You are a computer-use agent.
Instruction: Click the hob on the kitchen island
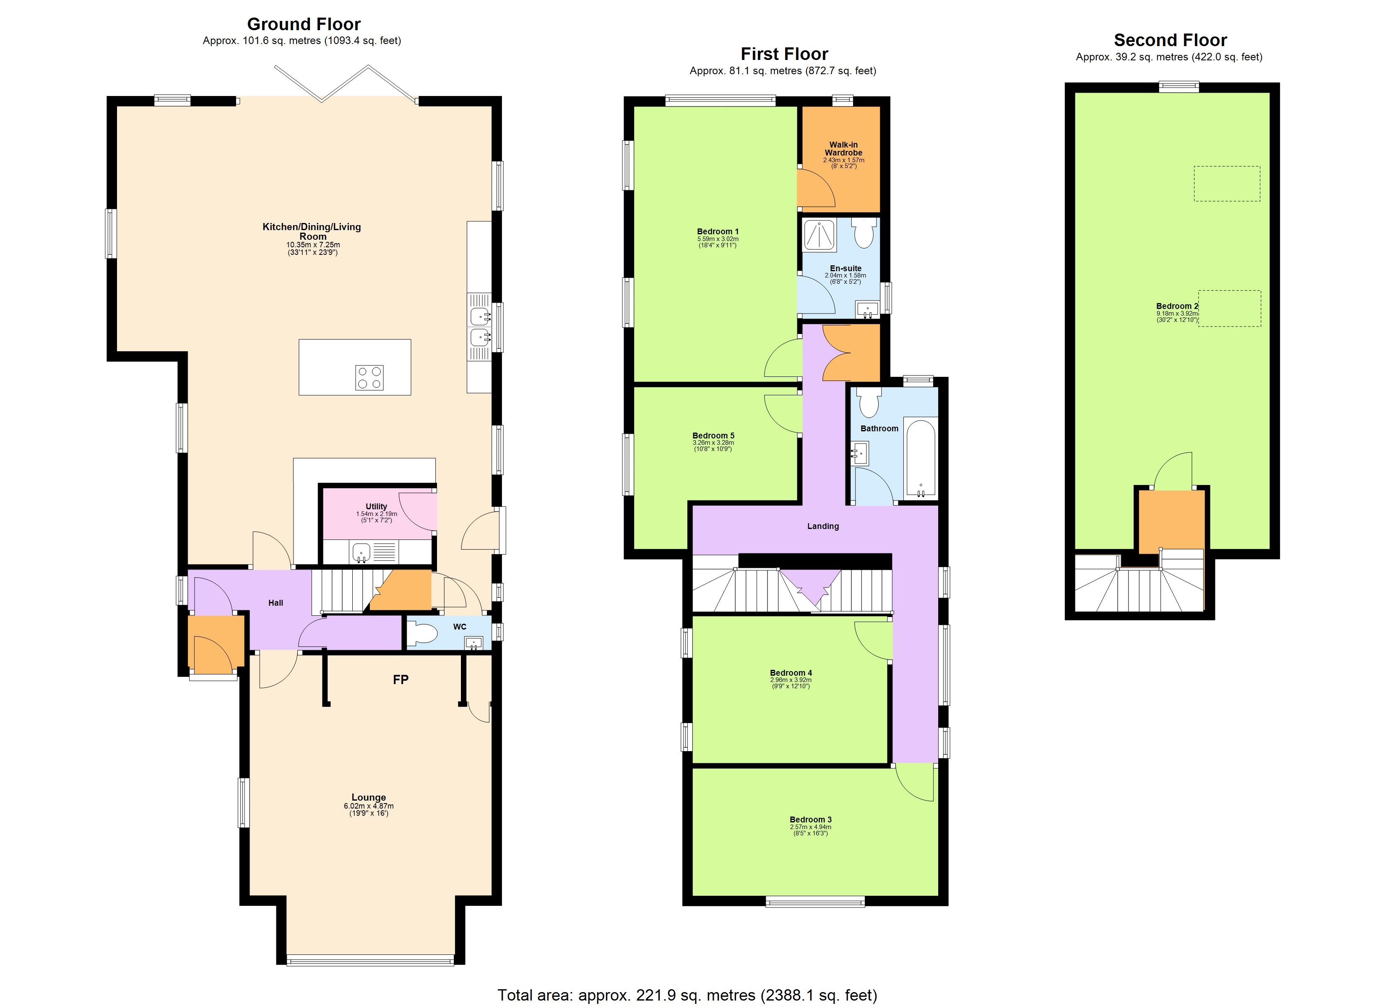tap(369, 378)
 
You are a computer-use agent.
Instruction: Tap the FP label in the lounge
tap(400, 679)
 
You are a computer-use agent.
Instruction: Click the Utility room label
tap(376, 506)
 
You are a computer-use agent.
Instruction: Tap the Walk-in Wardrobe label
tap(843, 149)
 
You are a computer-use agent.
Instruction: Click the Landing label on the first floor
tap(822, 526)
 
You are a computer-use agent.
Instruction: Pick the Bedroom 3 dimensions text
tap(810, 831)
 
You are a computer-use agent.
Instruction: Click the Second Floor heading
tap(1170, 40)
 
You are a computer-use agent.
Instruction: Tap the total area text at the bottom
tap(687, 996)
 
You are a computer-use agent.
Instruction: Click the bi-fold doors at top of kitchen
tap(345, 83)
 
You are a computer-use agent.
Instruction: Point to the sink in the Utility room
tap(361, 553)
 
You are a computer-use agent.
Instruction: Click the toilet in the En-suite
tap(864, 235)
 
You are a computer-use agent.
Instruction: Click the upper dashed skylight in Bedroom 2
tap(1227, 184)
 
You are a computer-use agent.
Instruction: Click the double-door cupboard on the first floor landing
tap(851, 353)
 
